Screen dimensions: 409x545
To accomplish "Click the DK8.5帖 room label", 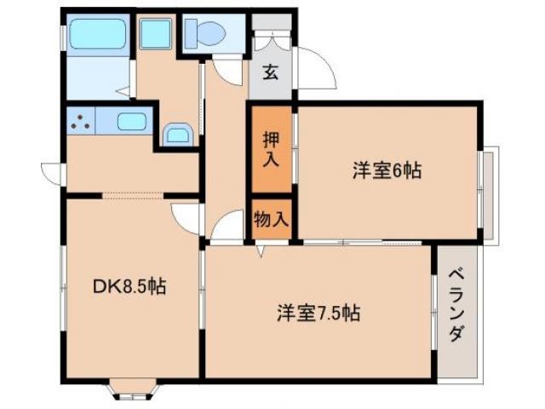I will pos(129,287).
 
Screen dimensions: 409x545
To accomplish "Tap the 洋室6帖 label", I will pos(387,170).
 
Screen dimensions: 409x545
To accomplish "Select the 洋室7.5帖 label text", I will pos(318,313).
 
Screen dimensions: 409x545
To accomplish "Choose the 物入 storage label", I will pos(271,219).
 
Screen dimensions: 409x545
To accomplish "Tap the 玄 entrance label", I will pos(270,72).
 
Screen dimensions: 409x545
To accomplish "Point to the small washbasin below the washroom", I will pos(177,134).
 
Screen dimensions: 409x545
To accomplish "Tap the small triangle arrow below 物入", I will pos(260,252).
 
